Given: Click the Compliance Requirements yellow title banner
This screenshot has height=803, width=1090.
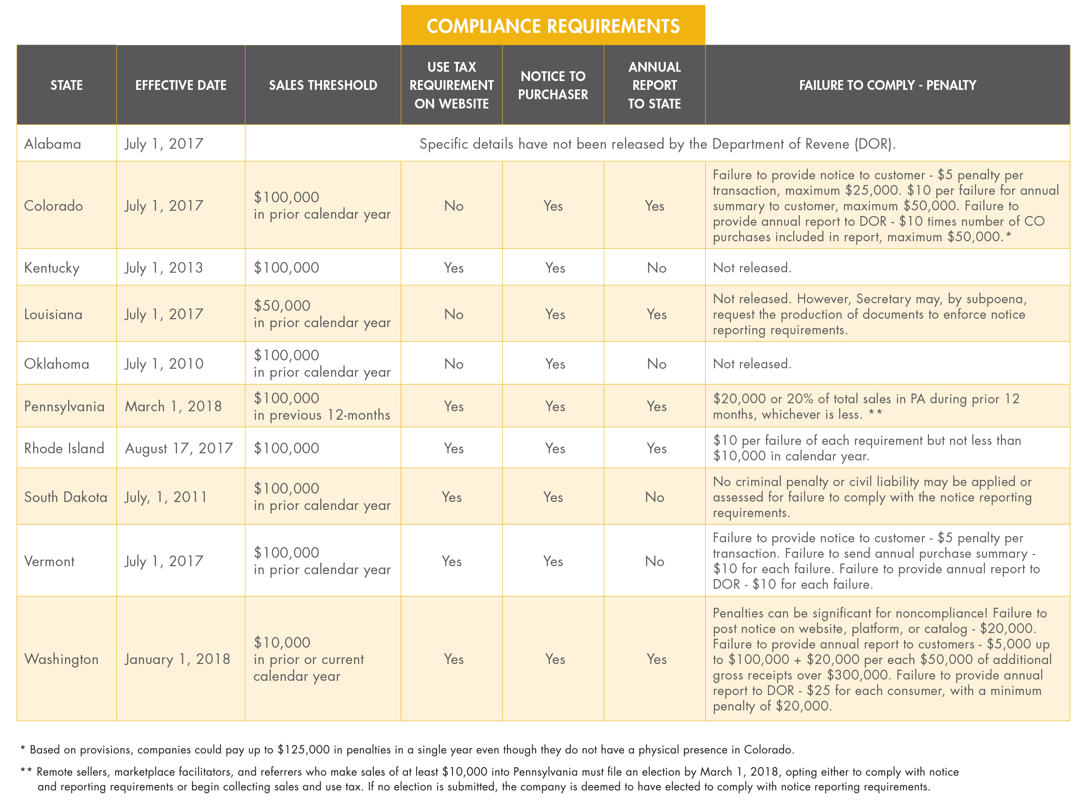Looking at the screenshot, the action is pyautogui.click(x=553, y=26).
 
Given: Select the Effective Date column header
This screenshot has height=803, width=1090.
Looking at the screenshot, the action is pyautogui.click(x=180, y=85).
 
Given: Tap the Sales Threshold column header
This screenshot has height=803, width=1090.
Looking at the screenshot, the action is pyautogui.click(x=323, y=85).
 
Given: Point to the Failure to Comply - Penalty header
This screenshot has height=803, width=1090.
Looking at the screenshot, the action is pyautogui.click(x=887, y=85).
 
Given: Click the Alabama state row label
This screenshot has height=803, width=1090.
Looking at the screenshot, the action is pyautogui.click(x=53, y=144).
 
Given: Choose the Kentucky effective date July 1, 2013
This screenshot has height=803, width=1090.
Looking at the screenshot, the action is pyautogui.click(x=164, y=267).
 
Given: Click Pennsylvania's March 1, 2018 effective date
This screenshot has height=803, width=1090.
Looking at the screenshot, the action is pyautogui.click(x=173, y=406).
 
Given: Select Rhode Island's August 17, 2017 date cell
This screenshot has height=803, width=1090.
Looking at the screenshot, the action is pyautogui.click(x=179, y=448).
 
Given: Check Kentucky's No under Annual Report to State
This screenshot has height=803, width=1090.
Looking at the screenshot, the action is pyautogui.click(x=656, y=267).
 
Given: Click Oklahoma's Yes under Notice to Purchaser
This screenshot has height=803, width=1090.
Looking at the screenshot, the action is pyautogui.click(x=555, y=363).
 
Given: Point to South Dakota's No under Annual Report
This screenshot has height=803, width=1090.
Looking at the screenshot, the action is pyautogui.click(x=654, y=497).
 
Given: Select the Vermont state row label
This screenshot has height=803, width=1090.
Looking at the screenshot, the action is pyautogui.click(x=50, y=561).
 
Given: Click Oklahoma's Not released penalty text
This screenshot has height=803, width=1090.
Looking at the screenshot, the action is pyautogui.click(x=752, y=363).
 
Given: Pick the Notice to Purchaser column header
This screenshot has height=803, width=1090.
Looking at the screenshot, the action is pyautogui.click(x=553, y=85).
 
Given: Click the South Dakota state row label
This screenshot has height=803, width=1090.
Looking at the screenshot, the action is pyautogui.click(x=65, y=497).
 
